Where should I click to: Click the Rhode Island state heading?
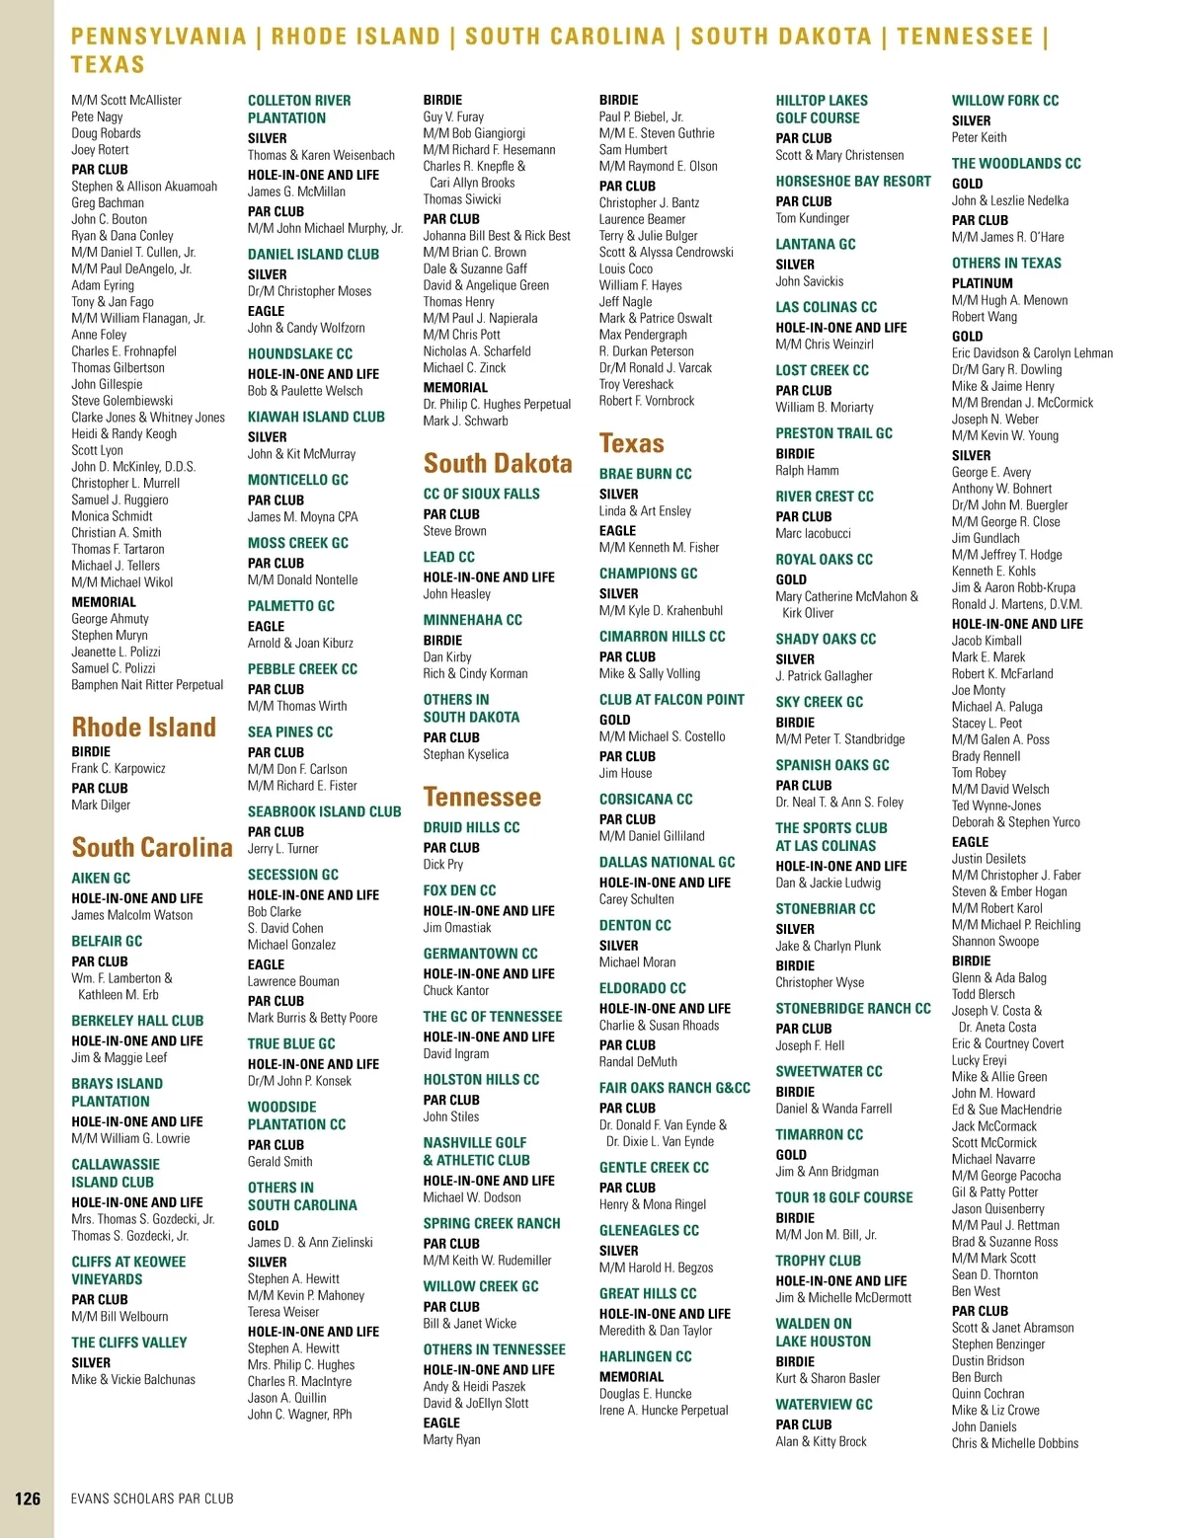point(143,728)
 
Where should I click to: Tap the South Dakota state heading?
point(498,463)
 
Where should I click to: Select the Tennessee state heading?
point(482,797)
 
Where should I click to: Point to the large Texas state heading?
point(631,443)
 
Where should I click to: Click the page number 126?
point(28,1499)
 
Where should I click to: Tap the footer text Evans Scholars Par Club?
point(152,1499)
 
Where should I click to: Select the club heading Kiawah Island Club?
point(316,417)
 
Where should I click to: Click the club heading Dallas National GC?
point(667,862)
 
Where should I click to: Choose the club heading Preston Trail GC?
point(833,433)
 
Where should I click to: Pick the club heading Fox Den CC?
point(459,890)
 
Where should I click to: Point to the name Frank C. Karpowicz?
point(118,768)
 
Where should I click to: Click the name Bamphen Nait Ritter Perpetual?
point(147,685)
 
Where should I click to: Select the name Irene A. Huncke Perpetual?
point(664,1410)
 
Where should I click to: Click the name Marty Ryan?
point(451,1439)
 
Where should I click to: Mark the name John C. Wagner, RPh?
point(299,1414)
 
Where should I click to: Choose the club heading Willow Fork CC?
point(1004,101)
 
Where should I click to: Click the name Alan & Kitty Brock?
point(821,1441)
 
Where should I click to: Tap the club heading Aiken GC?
point(101,878)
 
